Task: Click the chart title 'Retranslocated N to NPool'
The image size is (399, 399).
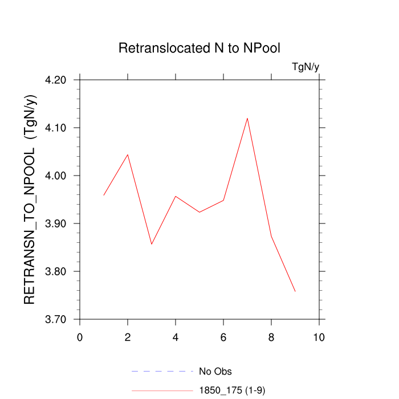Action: click(x=199, y=48)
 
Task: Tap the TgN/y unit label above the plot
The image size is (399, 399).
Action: click(x=306, y=67)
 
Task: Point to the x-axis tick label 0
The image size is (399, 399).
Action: click(x=80, y=337)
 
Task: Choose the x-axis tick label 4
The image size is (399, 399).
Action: click(x=176, y=337)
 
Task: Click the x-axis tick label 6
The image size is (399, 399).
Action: click(x=223, y=337)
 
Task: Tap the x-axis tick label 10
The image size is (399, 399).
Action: click(x=319, y=337)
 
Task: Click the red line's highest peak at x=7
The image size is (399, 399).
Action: click(x=247, y=118)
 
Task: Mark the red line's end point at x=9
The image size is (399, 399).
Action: click(x=295, y=291)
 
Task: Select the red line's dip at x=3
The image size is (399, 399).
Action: click(x=152, y=244)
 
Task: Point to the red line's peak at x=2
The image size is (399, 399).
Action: click(x=128, y=154)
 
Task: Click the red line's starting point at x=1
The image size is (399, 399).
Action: click(x=104, y=195)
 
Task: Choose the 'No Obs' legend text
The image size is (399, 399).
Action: click(x=215, y=372)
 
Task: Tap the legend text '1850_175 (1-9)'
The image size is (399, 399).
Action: click(x=232, y=390)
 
